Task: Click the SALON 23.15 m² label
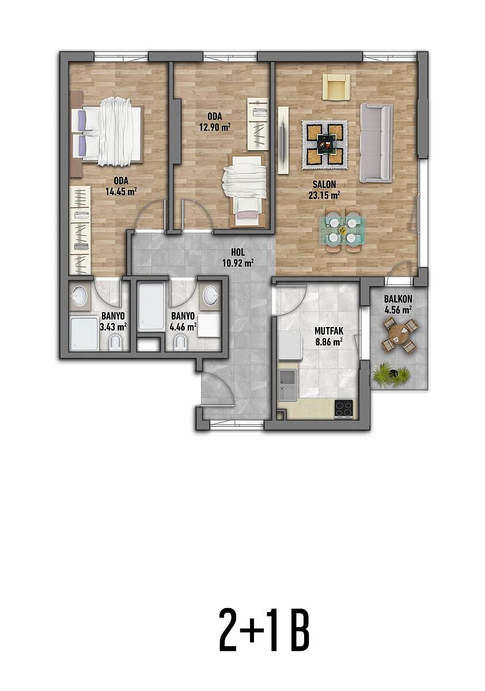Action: point(324,189)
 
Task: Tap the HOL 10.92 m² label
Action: point(237,257)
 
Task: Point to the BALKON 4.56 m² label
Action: point(398,304)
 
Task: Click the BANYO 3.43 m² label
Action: point(113,321)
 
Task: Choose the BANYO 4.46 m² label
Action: point(183,321)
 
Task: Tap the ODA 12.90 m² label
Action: point(215,122)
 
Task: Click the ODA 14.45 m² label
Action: point(121,186)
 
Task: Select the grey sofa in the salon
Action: point(376,143)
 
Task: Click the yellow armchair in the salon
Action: point(336,87)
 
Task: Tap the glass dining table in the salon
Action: point(343,230)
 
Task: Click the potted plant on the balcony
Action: point(392,374)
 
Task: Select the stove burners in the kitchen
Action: point(344,409)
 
